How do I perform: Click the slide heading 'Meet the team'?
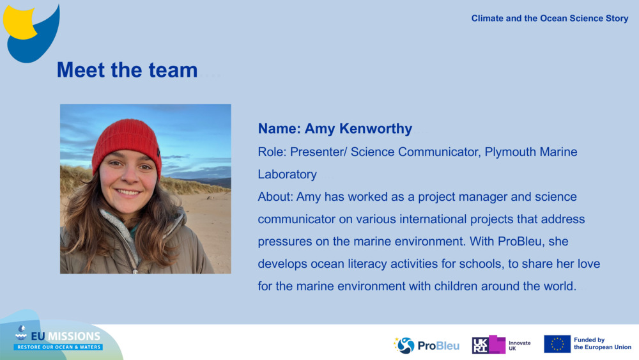(127, 70)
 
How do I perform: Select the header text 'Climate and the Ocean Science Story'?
(550, 19)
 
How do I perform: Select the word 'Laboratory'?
(287, 175)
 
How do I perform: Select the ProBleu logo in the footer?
(426, 345)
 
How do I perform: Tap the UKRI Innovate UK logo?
(502, 345)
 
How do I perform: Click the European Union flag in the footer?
(557, 344)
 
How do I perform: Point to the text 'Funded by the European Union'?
(602, 344)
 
